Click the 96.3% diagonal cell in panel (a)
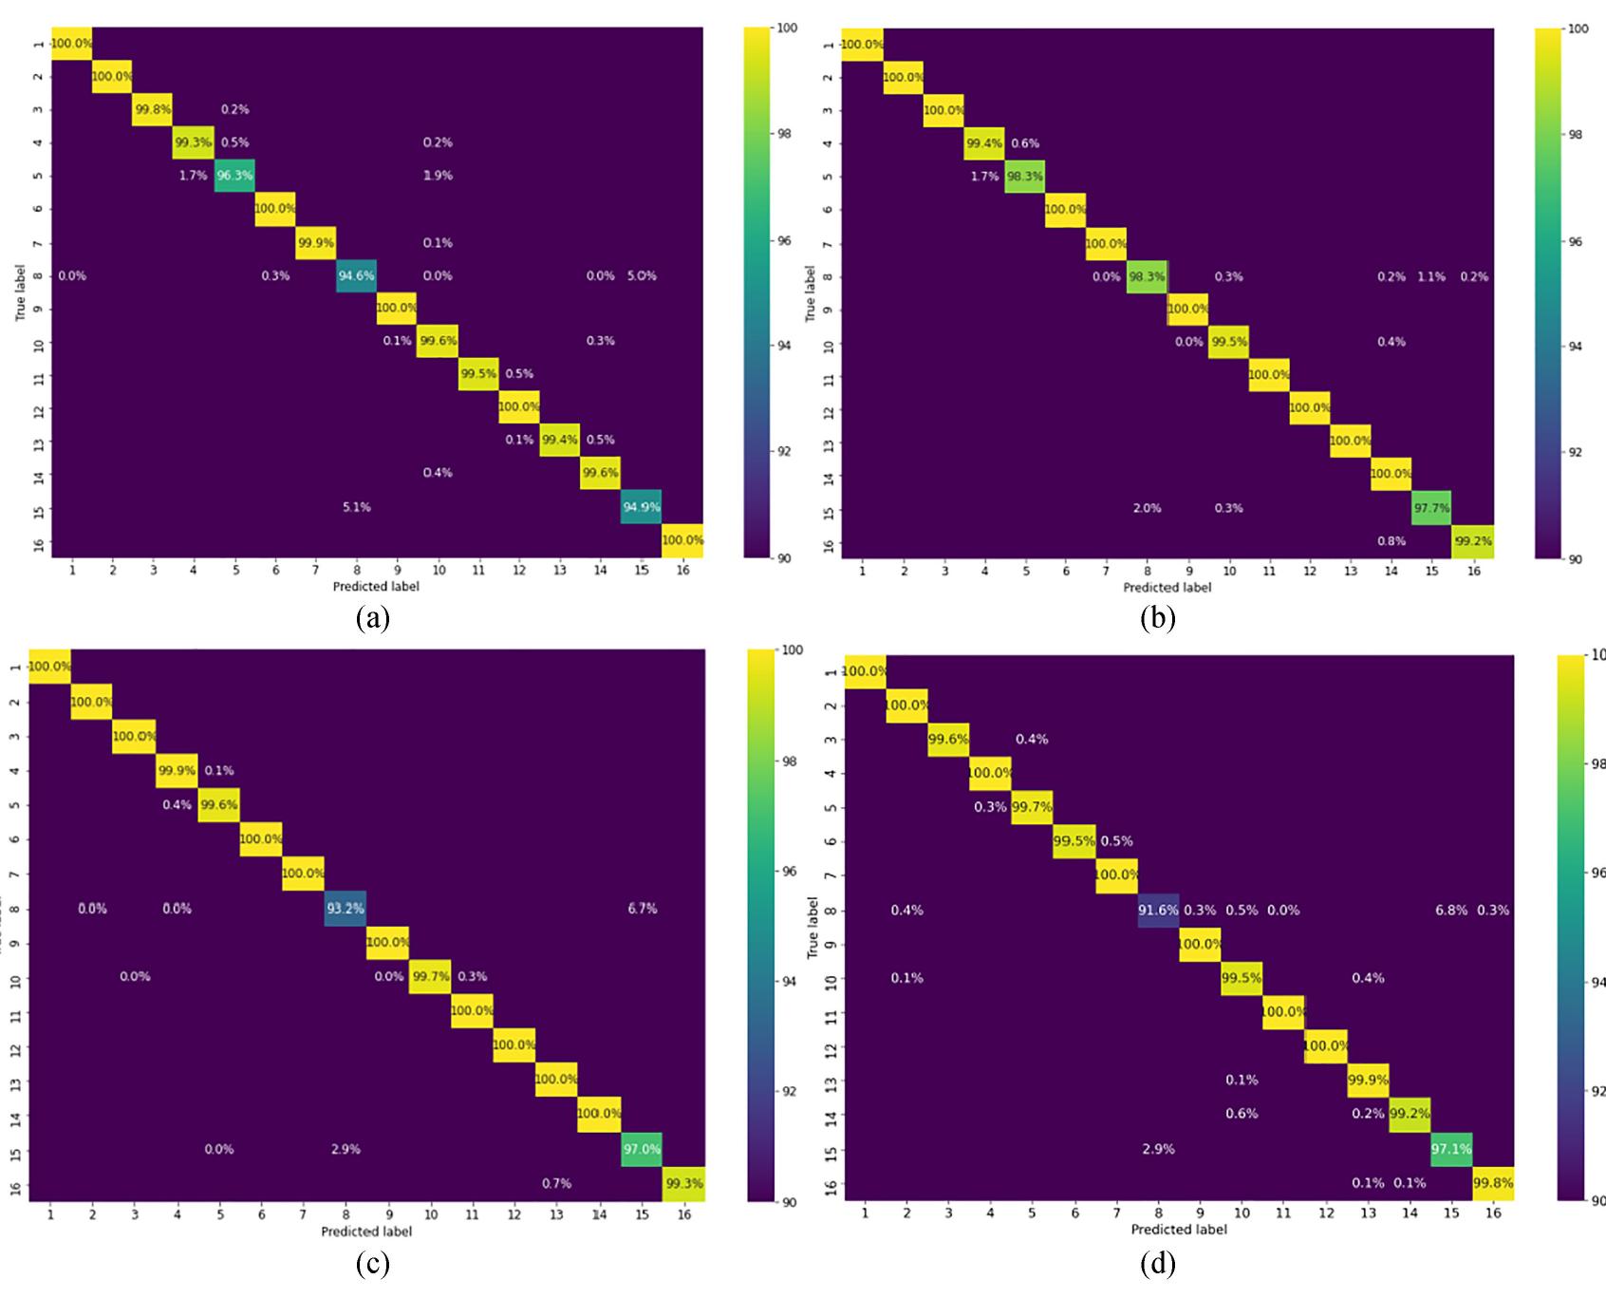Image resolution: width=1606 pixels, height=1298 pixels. pyautogui.click(x=233, y=176)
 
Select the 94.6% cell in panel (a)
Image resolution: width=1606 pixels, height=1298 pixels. pyautogui.click(x=356, y=275)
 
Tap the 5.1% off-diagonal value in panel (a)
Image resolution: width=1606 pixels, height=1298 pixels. pyautogui.click(x=356, y=507)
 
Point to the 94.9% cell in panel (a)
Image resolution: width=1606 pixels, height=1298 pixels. pyautogui.click(x=642, y=507)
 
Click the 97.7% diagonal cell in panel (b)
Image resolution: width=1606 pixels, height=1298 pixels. pyautogui.click(x=1431, y=508)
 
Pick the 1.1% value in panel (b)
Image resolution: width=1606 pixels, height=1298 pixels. pyautogui.click(x=1431, y=277)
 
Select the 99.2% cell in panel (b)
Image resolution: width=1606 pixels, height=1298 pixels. pyautogui.click(x=1472, y=541)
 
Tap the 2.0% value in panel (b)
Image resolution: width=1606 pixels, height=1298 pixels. pyautogui.click(x=1147, y=508)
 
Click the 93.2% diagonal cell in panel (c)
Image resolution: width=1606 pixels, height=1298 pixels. pyautogui.click(x=345, y=908)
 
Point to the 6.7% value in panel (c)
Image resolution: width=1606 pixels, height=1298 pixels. pyautogui.click(x=642, y=909)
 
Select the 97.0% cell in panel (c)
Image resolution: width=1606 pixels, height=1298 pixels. pyautogui.click(x=642, y=1149)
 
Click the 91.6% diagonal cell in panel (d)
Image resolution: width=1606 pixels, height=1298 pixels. pyautogui.click(x=1158, y=910)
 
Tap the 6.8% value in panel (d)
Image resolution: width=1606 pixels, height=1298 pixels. pyautogui.click(x=1450, y=910)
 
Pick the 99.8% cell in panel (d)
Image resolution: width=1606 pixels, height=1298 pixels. pyautogui.click(x=1493, y=1183)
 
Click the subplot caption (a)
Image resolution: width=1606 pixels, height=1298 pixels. pyautogui.click(x=372, y=619)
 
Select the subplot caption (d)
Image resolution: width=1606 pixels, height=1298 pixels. pyautogui.click(x=1158, y=1264)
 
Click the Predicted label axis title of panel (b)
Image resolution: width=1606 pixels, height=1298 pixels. pyautogui.click(x=1167, y=587)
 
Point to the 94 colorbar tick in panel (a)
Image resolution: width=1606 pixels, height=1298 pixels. pyautogui.click(x=784, y=346)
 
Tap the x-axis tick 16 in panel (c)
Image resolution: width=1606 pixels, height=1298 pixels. pyautogui.click(x=683, y=1213)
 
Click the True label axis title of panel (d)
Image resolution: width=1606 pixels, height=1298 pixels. pyautogui.click(x=812, y=928)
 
